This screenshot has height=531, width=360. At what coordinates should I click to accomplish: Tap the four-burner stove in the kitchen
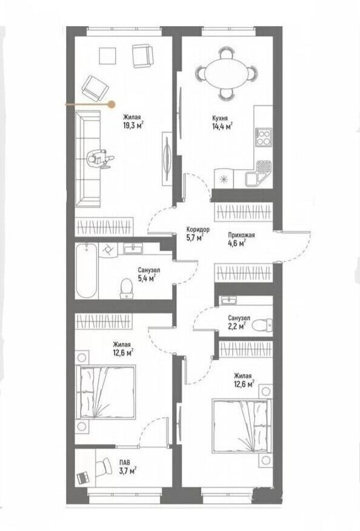coord(264,137)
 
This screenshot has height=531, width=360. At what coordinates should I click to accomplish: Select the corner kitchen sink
coord(258,173)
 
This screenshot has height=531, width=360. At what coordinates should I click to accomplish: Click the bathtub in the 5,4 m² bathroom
coord(87,270)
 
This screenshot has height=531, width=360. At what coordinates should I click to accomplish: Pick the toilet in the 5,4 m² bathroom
coord(126,288)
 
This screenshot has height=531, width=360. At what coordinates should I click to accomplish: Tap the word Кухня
coord(220,118)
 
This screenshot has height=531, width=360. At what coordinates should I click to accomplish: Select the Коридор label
coord(198,229)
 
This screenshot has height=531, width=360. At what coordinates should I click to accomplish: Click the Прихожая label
coord(241,235)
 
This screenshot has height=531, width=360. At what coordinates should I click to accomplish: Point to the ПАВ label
coord(125,462)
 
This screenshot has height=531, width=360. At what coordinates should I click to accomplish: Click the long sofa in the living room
coord(88,159)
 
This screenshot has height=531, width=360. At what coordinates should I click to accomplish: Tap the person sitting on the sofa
coord(99,158)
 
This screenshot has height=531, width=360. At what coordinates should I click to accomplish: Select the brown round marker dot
coord(111,105)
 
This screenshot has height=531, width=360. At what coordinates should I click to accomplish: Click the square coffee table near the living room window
coord(107,56)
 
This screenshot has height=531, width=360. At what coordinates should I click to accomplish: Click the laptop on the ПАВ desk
coord(83,478)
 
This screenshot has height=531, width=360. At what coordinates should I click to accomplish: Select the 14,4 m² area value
coord(222,127)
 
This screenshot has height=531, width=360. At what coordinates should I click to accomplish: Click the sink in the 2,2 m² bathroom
coord(229,300)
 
